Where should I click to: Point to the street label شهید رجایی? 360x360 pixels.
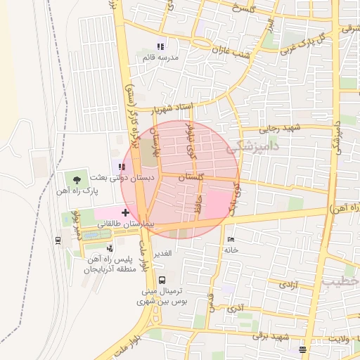pos(280,127)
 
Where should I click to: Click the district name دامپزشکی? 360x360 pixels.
pos(254,148)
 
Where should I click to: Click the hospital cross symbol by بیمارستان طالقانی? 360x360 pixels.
pos(125,212)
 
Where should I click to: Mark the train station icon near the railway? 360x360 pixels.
pos(58,239)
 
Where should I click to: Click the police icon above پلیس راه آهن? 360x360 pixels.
pos(110,248)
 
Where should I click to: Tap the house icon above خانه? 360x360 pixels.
pos(231,239)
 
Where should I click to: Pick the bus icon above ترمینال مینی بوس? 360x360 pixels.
pos(162,279)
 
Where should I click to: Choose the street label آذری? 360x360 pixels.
pos(234,307)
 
